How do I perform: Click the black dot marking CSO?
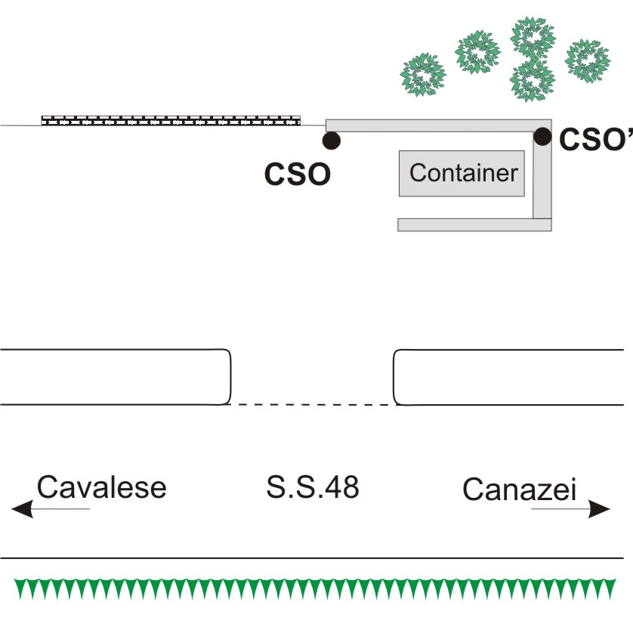click(332, 141)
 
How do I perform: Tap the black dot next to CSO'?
click(542, 136)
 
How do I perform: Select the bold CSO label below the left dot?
click(298, 175)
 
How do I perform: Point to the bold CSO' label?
click(596, 139)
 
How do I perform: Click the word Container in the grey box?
click(464, 173)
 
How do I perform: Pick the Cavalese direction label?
click(102, 487)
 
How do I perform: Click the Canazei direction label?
click(519, 490)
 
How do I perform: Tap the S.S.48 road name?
click(313, 487)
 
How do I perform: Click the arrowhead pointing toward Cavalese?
click(22, 508)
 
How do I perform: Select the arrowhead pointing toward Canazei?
click(599, 508)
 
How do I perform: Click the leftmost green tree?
click(423, 75)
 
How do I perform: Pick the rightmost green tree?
click(588, 60)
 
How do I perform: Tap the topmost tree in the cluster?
click(533, 39)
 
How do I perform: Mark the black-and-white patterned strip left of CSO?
click(171, 121)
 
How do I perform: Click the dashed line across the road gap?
click(313, 404)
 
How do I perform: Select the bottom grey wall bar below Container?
click(474, 225)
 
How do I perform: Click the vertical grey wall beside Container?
click(542, 175)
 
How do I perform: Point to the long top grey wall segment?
click(439, 125)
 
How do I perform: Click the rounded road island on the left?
click(116, 377)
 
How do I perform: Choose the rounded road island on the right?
click(508, 377)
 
